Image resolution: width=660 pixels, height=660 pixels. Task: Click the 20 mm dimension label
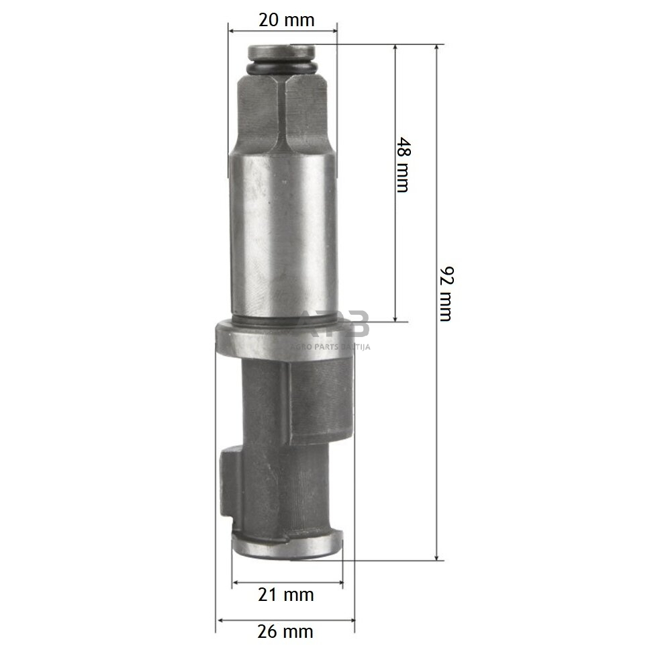click(x=286, y=19)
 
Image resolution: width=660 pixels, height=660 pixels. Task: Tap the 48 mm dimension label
click(x=401, y=164)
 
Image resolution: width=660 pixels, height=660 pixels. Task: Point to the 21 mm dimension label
click(x=287, y=594)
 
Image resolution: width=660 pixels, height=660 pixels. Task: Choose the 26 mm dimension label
click(x=285, y=631)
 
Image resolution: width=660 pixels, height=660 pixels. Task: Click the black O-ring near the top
click(x=282, y=68)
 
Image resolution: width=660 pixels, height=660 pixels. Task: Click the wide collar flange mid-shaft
click(x=283, y=341)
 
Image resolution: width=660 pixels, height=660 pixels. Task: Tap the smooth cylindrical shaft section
click(x=283, y=235)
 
